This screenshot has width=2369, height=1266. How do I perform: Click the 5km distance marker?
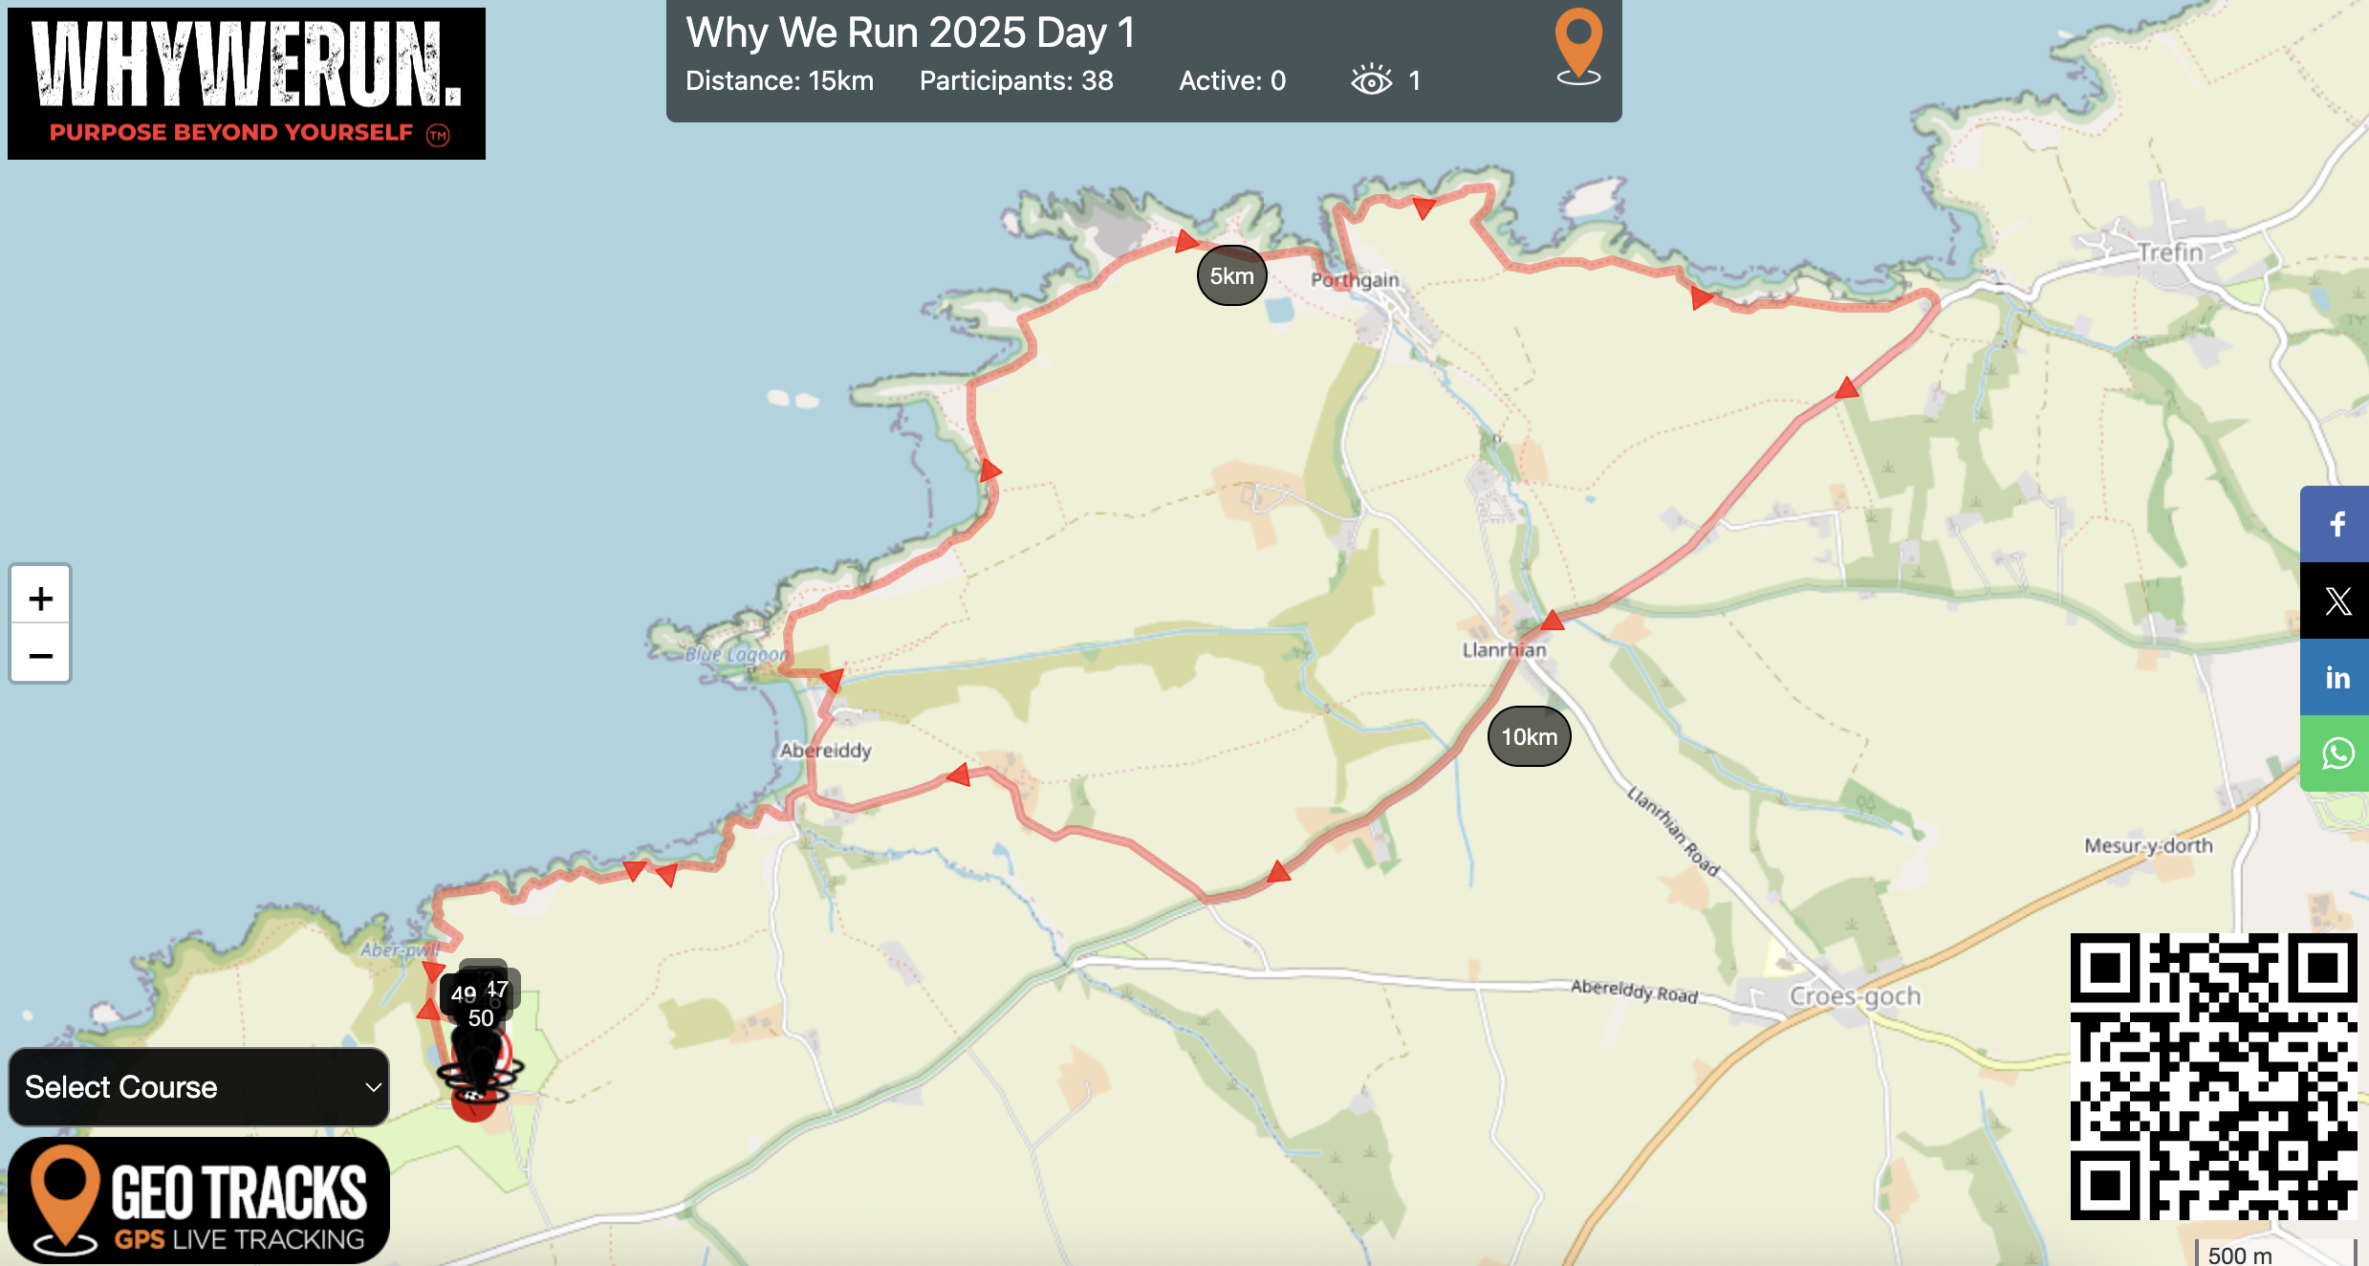click(1231, 275)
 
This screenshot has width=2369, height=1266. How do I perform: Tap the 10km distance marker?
click(1529, 736)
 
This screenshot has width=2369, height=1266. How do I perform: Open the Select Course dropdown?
click(199, 1087)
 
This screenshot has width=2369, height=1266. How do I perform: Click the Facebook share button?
click(2336, 524)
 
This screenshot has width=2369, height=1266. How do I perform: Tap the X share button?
click(2336, 600)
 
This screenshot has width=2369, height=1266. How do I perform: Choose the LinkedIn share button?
click(2336, 677)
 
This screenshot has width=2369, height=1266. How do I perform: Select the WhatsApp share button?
click(2336, 753)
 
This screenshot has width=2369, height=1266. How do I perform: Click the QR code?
click(2212, 1076)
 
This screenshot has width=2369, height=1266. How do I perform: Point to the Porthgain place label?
click(1354, 280)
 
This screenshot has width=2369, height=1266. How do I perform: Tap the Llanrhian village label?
click(1504, 650)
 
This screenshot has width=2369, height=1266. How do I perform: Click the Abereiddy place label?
click(826, 751)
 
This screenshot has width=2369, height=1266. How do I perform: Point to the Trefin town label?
click(2170, 252)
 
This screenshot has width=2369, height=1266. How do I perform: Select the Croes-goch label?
click(1855, 996)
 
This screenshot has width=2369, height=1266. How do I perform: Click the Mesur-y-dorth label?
click(2148, 845)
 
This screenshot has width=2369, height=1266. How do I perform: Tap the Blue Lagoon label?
click(737, 655)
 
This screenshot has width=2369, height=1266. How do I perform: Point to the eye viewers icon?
click(1371, 80)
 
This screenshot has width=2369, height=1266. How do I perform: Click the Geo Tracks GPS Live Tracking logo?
click(199, 1200)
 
